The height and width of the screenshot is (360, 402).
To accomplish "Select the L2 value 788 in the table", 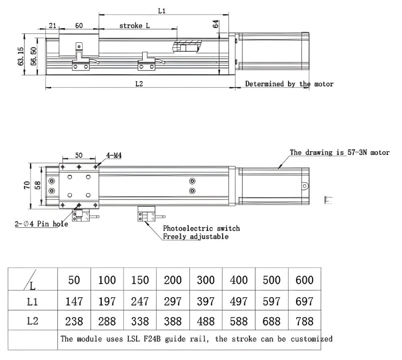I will (x=304, y=321).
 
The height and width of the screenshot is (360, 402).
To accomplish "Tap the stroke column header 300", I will (x=205, y=280).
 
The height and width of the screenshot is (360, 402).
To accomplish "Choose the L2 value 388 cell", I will (x=173, y=321).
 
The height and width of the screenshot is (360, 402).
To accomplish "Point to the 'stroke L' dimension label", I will (x=135, y=26).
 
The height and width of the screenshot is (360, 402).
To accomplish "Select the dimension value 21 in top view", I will (x=52, y=26).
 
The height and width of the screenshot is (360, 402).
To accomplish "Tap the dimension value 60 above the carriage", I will (x=79, y=26).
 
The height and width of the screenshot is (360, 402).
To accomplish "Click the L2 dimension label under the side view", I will (x=139, y=84).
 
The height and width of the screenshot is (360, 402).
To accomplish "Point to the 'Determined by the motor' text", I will (x=289, y=84).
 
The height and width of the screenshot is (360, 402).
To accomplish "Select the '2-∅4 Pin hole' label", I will (x=41, y=224).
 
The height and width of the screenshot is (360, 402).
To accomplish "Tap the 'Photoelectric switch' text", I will (x=201, y=228).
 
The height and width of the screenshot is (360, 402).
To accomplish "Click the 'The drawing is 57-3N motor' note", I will (x=339, y=152).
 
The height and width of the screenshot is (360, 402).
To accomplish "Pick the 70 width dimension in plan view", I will (x=27, y=185).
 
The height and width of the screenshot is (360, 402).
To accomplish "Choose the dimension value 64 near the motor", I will (x=215, y=24).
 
